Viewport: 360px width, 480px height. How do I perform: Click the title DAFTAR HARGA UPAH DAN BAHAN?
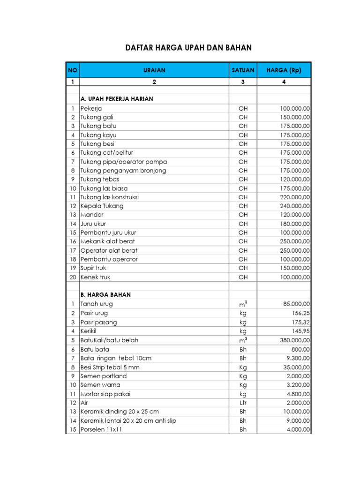tap(188, 48)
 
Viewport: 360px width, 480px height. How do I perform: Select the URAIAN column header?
tap(154, 70)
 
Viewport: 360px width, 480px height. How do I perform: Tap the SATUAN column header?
tap(243, 70)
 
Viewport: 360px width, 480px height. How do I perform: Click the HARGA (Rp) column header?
tap(284, 70)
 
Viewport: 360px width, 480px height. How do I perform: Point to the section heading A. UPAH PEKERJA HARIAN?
tap(117, 99)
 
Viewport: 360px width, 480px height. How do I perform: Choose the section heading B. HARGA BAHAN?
tap(105, 295)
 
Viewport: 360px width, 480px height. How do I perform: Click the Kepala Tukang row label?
tap(102, 206)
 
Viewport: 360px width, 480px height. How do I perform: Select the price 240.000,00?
tap(294, 206)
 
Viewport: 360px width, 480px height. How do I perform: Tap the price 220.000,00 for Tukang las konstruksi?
tap(294, 197)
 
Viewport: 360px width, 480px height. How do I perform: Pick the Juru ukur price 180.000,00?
tap(294, 224)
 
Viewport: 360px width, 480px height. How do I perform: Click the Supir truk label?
tap(93, 268)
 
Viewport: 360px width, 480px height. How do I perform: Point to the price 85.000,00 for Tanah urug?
tap(296, 304)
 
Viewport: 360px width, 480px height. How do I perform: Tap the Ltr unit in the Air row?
tap(243, 403)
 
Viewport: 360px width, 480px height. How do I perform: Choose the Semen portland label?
tap(103, 376)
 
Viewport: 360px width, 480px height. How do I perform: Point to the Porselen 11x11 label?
tap(101, 429)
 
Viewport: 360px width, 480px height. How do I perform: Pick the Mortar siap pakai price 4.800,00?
tap(297, 394)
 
